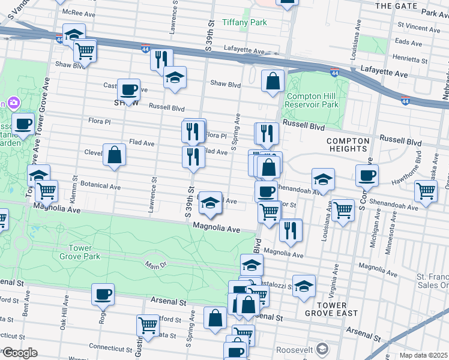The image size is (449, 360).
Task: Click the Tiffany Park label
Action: pos(244,22)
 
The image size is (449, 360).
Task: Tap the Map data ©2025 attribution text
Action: pos(424,355)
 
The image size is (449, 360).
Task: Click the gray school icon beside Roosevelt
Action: pos(322,349)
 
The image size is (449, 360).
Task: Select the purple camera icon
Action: pos(11,103)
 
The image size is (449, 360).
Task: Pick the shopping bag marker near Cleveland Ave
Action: pos(114,155)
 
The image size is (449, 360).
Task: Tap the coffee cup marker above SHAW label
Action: pos(128,89)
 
